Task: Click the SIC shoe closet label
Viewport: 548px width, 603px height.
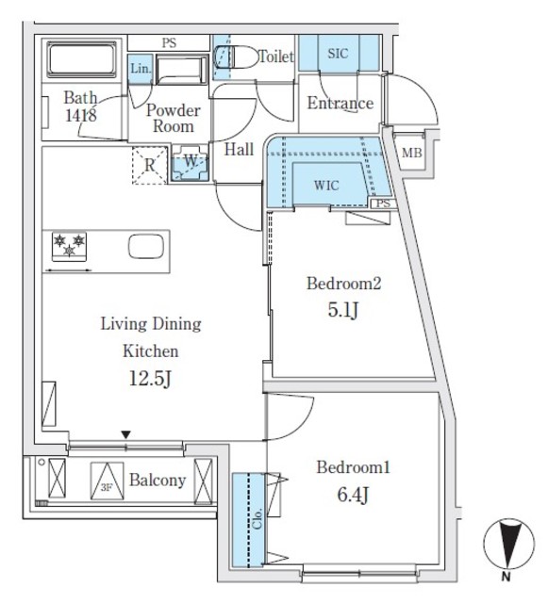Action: (x=338, y=54)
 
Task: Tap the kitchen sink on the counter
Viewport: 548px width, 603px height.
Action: (x=145, y=248)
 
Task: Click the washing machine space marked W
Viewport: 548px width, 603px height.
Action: (x=190, y=162)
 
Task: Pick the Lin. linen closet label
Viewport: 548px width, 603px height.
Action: (x=140, y=69)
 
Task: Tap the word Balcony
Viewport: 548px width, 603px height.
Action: (x=157, y=481)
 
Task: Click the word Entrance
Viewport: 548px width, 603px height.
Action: (x=340, y=104)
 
